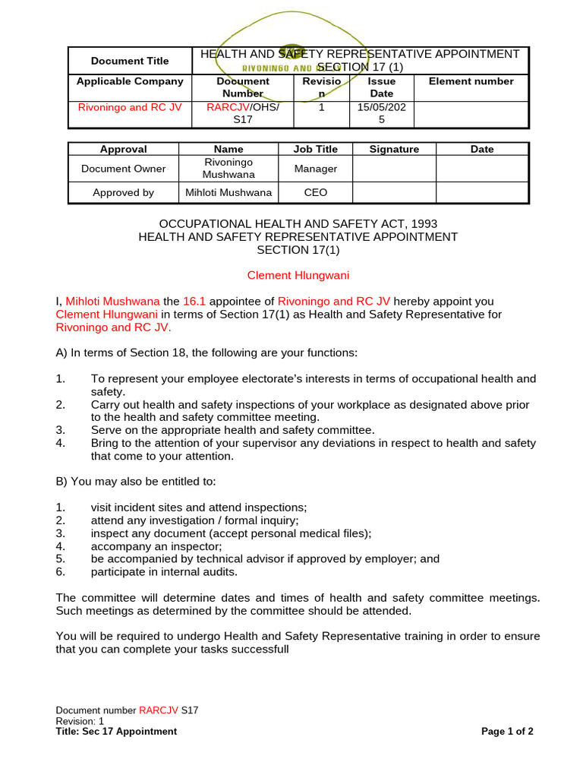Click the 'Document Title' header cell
(x=130, y=61)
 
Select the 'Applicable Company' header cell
(x=130, y=81)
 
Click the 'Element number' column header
(x=471, y=81)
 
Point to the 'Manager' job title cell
(x=316, y=169)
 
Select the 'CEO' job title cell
(x=316, y=193)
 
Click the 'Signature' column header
(x=394, y=150)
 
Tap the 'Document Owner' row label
(x=123, y=169)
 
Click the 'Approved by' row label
(x=123, y=193)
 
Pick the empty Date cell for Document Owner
(x=482, y=169)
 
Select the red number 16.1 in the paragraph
(x=195, y=301)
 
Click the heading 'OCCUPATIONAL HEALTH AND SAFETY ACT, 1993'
(x=298, y=224)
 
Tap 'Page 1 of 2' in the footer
(x=507, y=732)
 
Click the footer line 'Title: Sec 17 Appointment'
(x=116, y=732)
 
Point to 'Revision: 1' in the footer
(x=80, y=721)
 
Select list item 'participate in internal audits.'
(x=164, y=572)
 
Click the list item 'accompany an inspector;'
(x=156, y=546)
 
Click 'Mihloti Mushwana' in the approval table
(x=228, y=193)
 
